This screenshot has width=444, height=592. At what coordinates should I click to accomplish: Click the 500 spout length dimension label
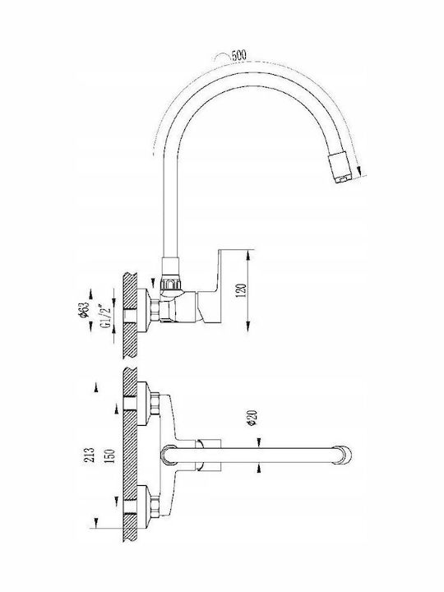point(238,55)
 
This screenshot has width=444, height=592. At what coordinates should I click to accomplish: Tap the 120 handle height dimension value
point(241,290)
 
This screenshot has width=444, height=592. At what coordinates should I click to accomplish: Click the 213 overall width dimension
point(90,455)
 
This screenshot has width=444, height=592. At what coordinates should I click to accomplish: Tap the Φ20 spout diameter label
point(252,418)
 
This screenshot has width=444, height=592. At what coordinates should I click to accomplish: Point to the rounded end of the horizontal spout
point(343,455)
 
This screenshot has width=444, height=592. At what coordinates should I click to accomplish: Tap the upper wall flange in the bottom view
point(143,404)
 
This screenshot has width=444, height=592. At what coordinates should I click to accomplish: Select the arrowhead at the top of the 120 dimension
point(248,257)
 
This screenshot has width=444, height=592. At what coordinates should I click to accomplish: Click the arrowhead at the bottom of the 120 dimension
point(248,326)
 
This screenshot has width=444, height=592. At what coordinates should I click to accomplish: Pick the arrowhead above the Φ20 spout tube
point(259,442)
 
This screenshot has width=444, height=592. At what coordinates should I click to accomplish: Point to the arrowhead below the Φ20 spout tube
point(259,468)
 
